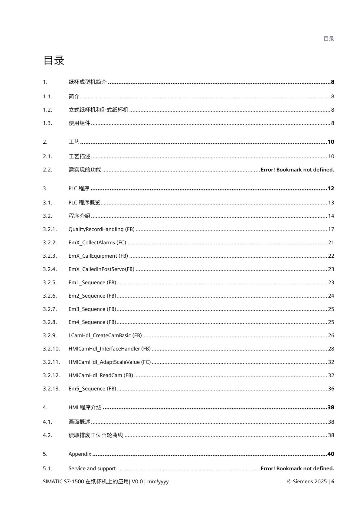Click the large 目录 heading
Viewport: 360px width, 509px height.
tap(54, 60)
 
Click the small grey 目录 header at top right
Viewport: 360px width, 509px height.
tap(329, 39)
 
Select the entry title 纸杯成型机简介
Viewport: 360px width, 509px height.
tap(87, 82)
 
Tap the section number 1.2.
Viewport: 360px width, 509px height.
tap(47, 110)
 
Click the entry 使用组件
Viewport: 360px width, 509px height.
tap(79, 123)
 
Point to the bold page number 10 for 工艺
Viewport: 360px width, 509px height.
tap(331, 142)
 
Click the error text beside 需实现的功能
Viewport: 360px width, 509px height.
tap(297, 170)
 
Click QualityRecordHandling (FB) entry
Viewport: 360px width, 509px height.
tap(101, 229)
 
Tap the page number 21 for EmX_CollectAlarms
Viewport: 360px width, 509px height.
tap(331, 243)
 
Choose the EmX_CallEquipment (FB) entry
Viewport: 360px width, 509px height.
tap(98, 256)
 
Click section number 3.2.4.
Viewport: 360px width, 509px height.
tap(50, 269)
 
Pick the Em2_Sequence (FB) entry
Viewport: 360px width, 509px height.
tap(92, 296)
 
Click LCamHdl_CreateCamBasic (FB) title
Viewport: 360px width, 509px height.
tap(105, 335)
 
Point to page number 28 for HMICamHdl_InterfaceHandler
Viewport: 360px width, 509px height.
tap(331, 349)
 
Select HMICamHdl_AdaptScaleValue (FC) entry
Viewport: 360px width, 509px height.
tap(110, 362)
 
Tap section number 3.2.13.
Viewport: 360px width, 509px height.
tap(51, 389)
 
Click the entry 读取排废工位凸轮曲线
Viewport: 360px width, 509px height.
tap(96, 435)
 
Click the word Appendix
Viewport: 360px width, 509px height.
tap(80, 454)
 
